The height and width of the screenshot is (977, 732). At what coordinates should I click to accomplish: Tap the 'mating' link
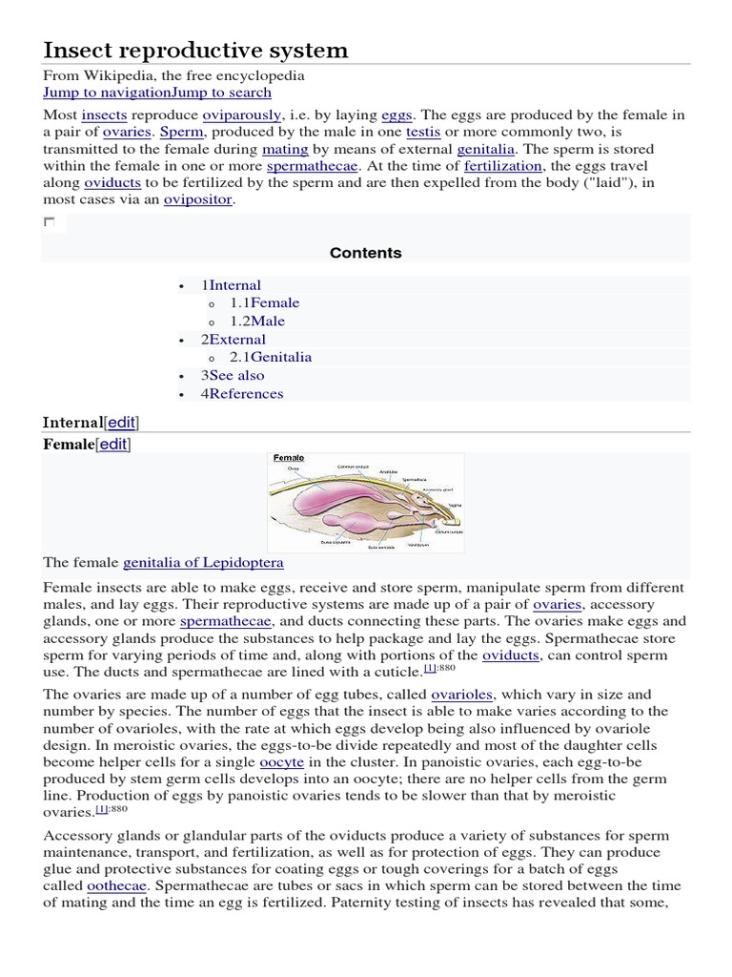(x=285, y=150)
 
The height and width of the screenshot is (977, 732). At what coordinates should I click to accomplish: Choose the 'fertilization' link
(x=501, y=166)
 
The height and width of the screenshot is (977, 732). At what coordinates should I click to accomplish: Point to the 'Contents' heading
(x=365, y=253)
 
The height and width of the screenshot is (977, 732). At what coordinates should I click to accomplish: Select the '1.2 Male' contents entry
(x=256, y=322)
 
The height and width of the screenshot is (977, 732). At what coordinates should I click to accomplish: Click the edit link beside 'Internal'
(x=127, y=423)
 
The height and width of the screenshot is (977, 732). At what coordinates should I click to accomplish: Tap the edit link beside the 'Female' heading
(x=113, y=445)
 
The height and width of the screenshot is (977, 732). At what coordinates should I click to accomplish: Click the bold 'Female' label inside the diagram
(x=289, y=458)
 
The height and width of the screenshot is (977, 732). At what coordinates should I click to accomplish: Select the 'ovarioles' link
(x=461, y=695)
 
